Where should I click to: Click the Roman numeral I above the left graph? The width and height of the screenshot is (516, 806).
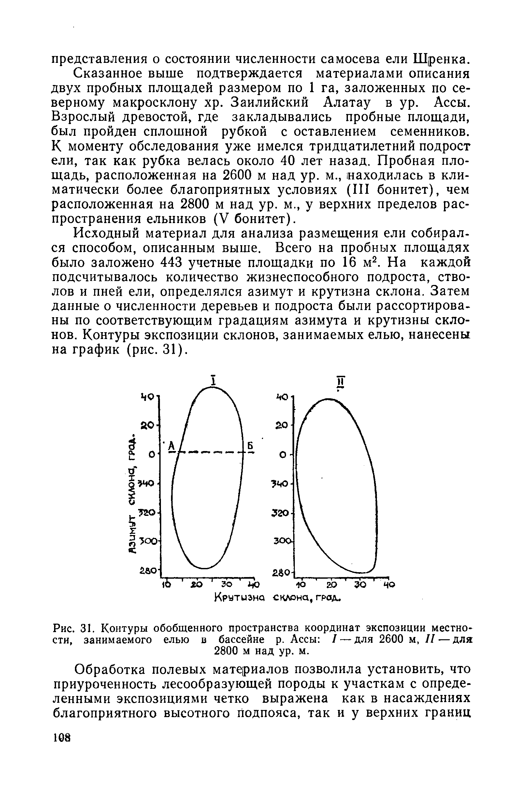(x=212, y=381)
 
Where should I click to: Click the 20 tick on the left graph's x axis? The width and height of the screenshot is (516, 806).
(x=196, y=585)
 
